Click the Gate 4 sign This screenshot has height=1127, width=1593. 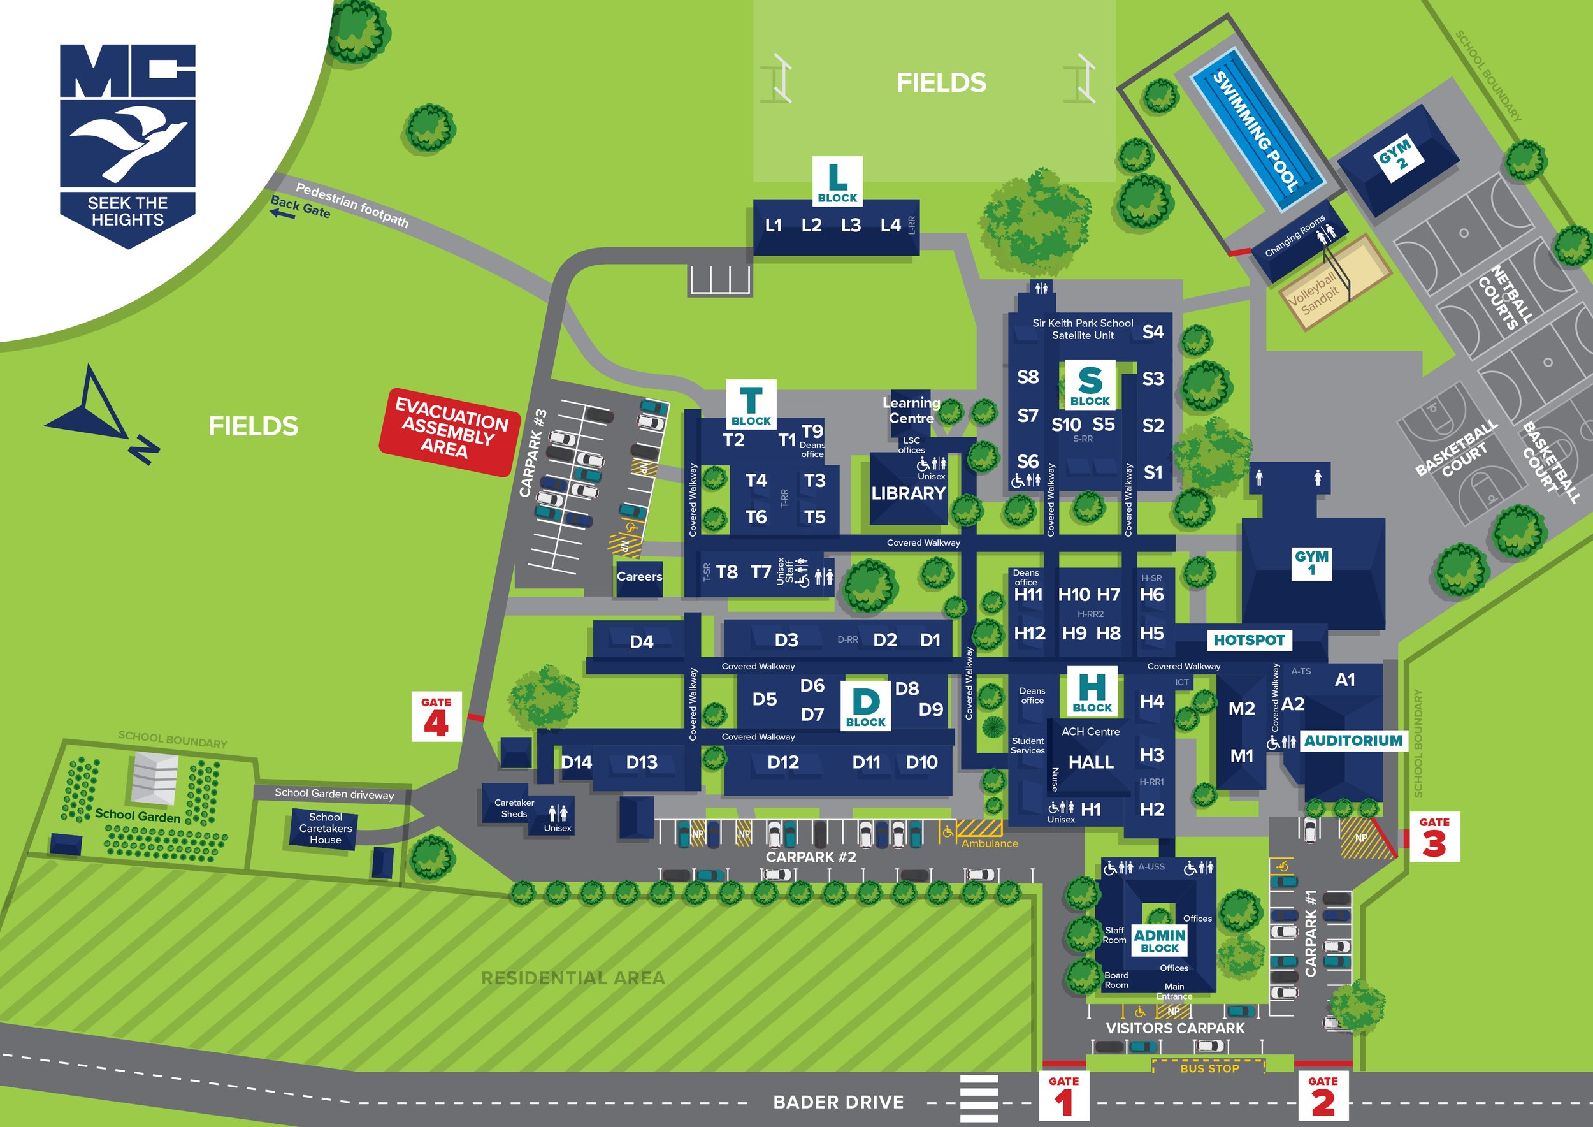point(436,717)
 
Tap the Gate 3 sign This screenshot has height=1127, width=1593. point(1434,837)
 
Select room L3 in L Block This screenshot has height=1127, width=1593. point(851,226)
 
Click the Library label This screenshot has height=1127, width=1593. point(908,493)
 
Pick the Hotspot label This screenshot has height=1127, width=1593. point(1249,640)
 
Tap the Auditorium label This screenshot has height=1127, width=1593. point(1353,741)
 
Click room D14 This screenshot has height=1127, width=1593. point(576,762)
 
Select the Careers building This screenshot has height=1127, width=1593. point(639,577)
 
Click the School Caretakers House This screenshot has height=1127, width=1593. point(326,829)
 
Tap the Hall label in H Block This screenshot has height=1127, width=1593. point(1091,762)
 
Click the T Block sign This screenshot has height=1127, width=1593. point(751,405)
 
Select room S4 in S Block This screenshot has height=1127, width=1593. point(1153,331)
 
